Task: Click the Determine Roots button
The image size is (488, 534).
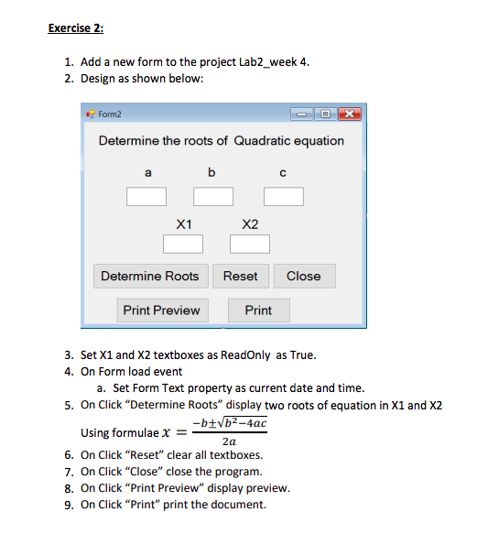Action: [149, 276]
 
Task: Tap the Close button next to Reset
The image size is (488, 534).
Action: [303, 276]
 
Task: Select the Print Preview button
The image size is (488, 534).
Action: [161, 311]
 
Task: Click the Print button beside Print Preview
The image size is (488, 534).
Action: [258, 311]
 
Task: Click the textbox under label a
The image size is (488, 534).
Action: [146, 196]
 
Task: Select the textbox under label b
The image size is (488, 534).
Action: [212, 196]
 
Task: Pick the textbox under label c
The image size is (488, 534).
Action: [283, 196]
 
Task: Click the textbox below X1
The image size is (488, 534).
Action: [183, 244]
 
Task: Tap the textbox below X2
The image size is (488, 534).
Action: [250, 244]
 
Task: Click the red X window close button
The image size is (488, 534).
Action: [347, 114]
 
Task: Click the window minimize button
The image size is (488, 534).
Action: [304, 114]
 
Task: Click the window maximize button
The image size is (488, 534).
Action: [324, 114]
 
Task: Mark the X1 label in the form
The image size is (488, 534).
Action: [183, 223]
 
